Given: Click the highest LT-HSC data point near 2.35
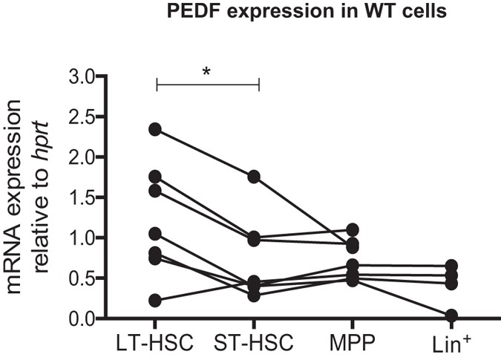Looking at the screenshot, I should coord(155,129).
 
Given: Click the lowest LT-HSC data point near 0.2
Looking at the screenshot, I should coord(155,301).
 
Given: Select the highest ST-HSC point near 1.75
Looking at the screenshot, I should coord(255,177).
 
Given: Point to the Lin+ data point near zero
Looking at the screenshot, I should coord(451,316).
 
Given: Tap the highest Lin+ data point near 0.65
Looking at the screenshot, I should coord(451,266).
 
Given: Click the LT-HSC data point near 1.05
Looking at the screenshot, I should coord(155,235).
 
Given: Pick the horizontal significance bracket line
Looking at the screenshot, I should coord(207,85).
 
